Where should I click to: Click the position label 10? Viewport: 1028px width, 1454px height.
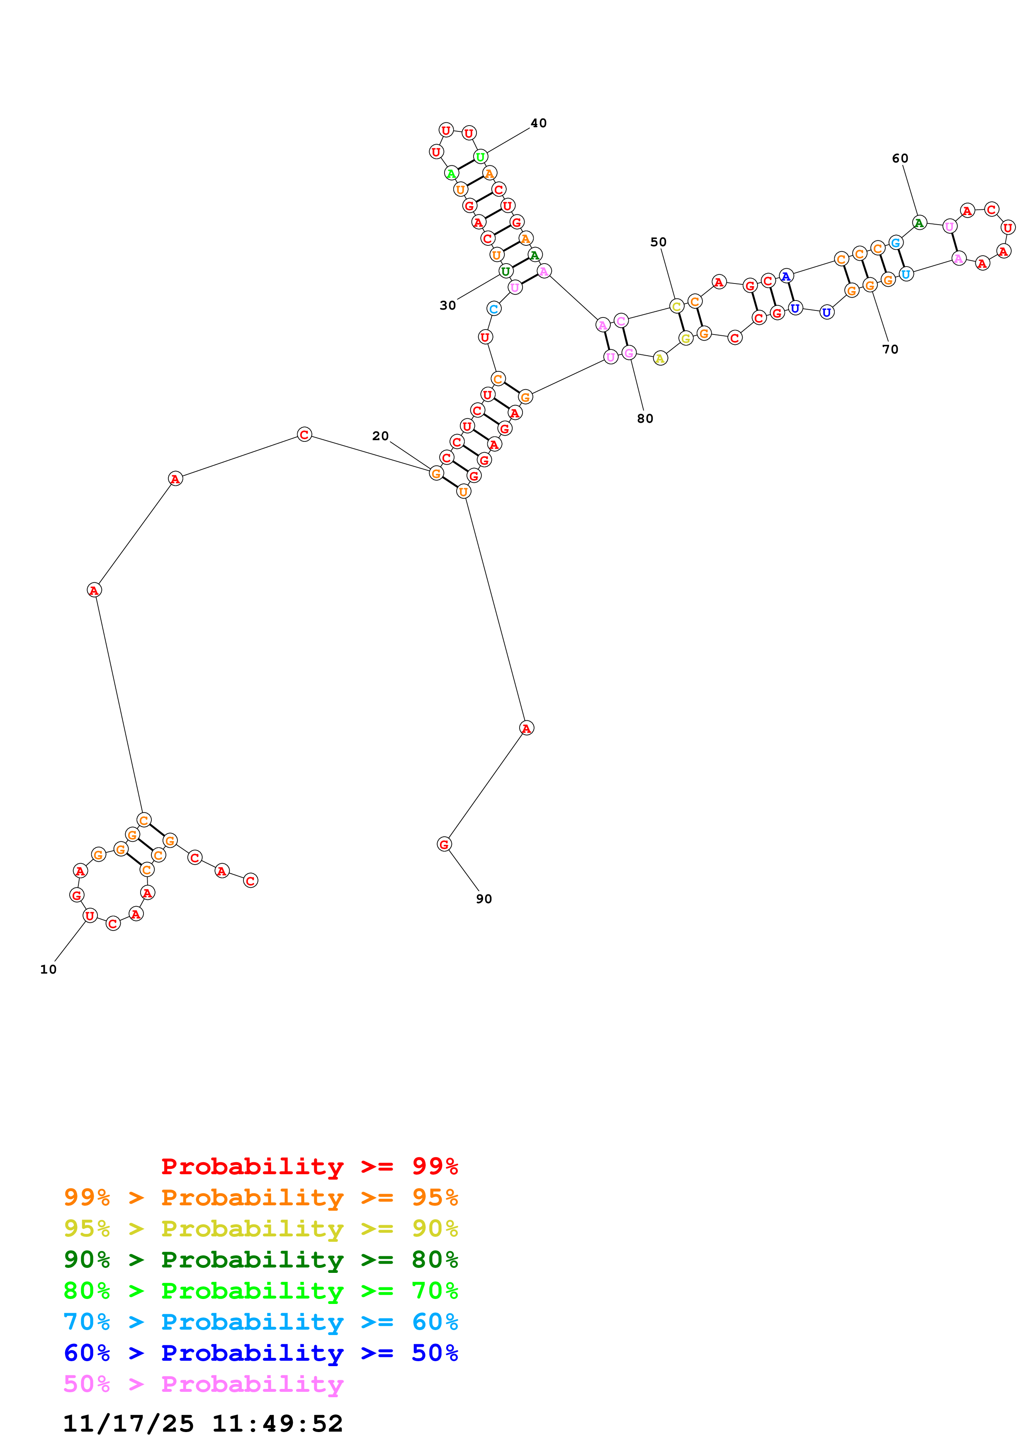48,969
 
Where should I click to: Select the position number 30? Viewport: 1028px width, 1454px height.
448,305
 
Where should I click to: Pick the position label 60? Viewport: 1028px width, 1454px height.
900,158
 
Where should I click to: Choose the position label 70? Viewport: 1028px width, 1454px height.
890,349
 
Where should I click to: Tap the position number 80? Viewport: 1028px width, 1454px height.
645,419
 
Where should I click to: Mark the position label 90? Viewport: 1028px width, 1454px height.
484,899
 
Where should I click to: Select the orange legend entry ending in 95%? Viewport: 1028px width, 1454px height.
261,1197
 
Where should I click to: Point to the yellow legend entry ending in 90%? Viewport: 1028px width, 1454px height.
261,1229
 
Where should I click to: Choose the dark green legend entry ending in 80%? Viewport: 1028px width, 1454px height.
261,1260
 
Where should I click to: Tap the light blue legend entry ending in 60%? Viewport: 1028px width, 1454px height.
261,1322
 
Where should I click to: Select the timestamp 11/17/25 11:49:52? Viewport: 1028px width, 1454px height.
203,1424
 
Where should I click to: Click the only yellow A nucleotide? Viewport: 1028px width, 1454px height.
660,359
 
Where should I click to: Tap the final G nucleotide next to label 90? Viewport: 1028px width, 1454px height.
444,844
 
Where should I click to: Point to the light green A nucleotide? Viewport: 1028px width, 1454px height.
451,173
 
